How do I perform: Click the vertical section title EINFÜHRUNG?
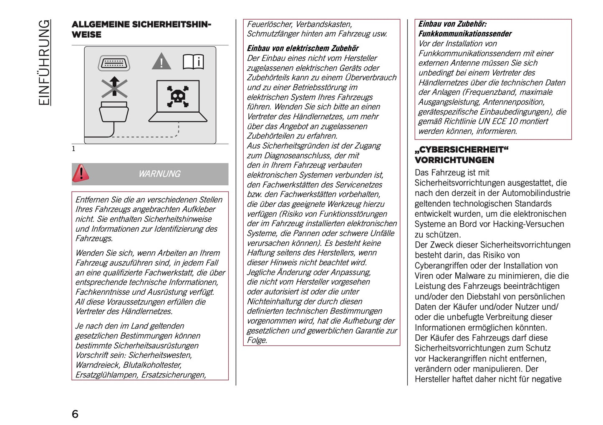[44, 63]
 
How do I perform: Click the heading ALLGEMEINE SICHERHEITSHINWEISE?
[141, 29]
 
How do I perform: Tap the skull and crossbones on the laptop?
[178, 96]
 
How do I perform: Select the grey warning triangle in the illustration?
[161, 62]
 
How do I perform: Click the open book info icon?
[193, 62]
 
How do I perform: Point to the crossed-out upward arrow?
[114, 87]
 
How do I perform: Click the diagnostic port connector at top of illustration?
[114, 63]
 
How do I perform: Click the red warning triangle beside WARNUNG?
[81, 173]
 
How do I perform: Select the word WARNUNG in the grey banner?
[159, 174]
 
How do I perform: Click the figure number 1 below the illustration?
[74, 149]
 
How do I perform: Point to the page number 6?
[75, 414]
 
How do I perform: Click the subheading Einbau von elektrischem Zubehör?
[303, 48]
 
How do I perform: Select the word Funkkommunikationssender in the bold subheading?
[465, 34]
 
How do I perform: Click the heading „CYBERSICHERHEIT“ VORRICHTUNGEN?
[462, 155]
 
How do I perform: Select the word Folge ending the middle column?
[256, 340]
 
